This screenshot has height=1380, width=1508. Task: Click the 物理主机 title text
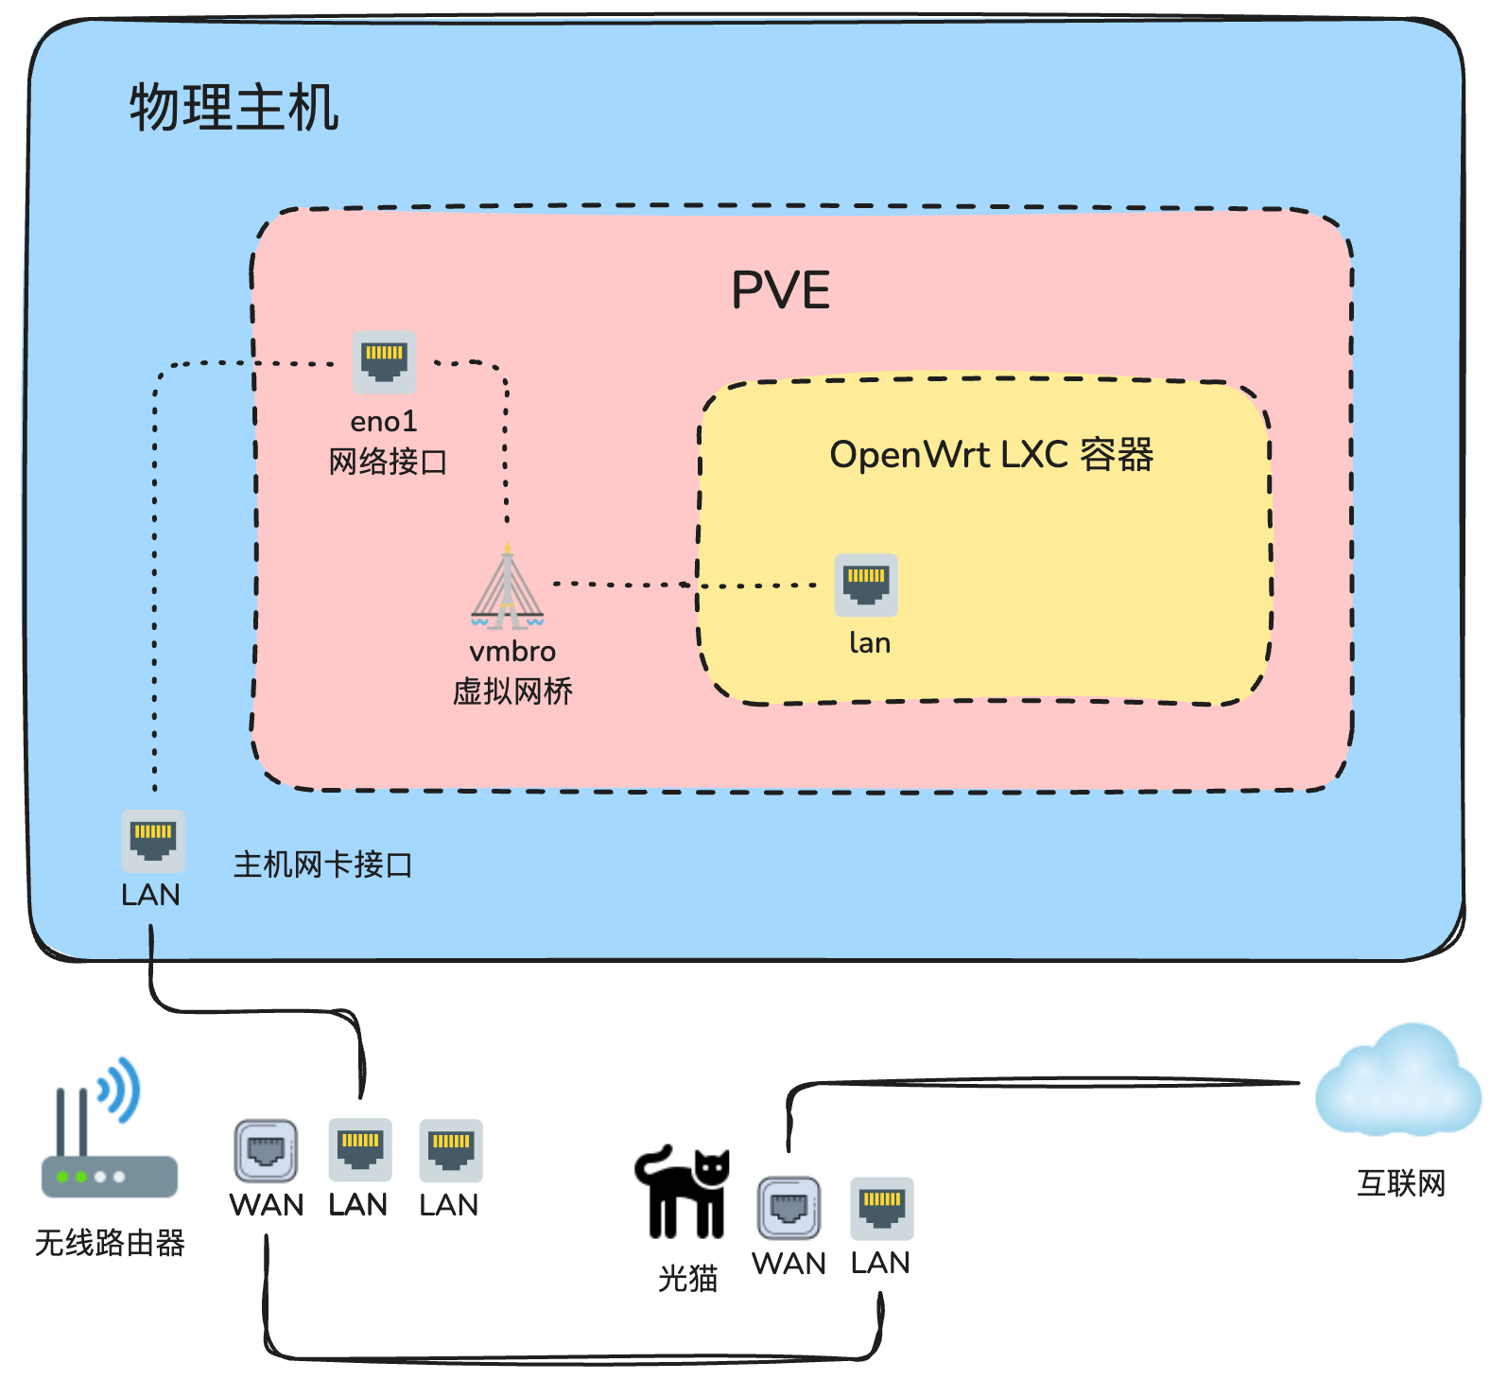(x=234, y=107)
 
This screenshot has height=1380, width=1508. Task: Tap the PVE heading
(x=780, y=290)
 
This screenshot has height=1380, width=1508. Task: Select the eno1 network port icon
(x=384, y=362)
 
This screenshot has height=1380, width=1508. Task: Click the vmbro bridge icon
(x=508, y=588)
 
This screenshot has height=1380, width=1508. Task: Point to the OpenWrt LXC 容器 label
(x=991, y=455)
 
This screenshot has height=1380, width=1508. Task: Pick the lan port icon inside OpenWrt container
(x=866, y=585)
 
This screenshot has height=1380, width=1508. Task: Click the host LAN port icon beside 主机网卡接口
(x=153, y=841)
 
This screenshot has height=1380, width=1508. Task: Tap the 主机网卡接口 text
(x=322, y=865)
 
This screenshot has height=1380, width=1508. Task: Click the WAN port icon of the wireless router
(x=266, y=1150)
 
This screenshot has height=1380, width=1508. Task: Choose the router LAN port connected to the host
(x=360, y=1149)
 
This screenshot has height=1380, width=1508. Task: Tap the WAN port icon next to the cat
(x=789, y=1208)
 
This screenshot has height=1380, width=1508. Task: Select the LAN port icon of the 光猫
(x=881, y=1208)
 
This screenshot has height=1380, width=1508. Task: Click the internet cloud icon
(x=1398, y=1082)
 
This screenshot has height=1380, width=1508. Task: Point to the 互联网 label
(x=1401, y=1183)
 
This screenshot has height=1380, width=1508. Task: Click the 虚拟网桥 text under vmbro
(x=512, y=691)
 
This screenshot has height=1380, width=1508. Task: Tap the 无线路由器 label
(x=110, y=1243)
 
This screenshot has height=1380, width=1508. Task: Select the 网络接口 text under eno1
(x=388, y=462)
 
